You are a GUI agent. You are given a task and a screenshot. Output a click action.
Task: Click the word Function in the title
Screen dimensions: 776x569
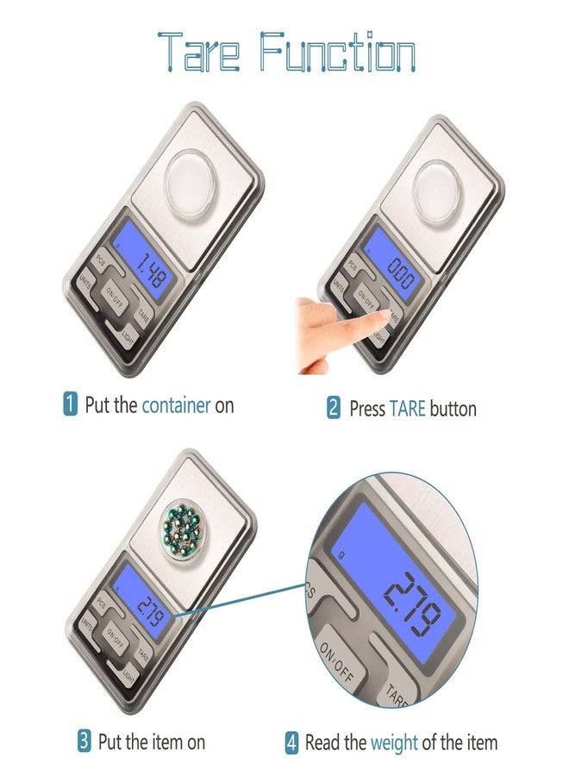click(x=337, y=51)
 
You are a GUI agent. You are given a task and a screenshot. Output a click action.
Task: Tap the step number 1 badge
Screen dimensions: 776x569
click(x=71, y=404)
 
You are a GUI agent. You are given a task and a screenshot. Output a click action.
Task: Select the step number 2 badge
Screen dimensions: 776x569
click(x=334, y=407)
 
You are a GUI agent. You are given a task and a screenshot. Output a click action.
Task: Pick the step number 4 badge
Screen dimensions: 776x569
click(x=291, y=742)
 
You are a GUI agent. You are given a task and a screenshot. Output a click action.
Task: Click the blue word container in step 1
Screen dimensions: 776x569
click(x=176, y=404)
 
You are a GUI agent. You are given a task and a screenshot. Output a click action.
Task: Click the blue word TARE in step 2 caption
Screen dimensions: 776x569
click(x=409, y=408)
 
